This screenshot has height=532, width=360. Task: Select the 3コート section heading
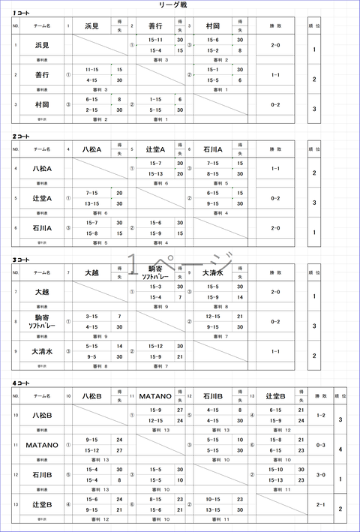21,260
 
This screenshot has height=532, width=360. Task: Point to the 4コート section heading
21,383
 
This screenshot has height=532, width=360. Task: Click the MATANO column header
156,395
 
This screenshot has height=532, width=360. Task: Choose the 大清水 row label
42,350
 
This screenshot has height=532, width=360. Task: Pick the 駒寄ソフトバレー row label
42,321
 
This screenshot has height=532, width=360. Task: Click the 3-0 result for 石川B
320,475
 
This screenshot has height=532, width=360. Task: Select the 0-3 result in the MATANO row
320,445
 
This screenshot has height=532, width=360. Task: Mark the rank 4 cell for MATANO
340,449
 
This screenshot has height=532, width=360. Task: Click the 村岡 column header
212,26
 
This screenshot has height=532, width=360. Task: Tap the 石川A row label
42,227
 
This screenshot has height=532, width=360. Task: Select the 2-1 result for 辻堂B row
320,505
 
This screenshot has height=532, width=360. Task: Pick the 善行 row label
42,75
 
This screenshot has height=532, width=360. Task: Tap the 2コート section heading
21,136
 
